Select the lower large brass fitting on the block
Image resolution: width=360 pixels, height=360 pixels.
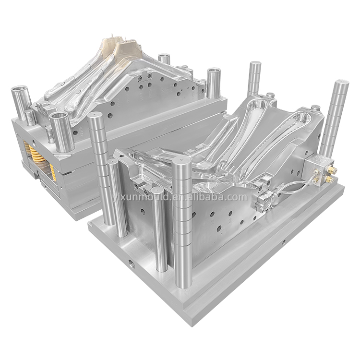[x=329, y=179]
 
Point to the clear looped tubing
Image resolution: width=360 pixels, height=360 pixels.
[x=294, y=186]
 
